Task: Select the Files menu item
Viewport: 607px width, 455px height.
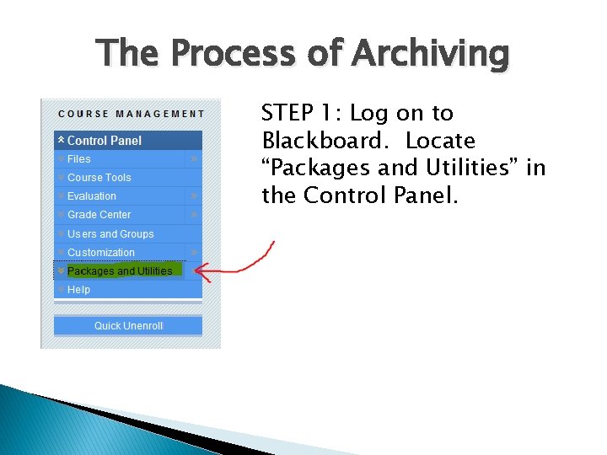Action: coord(78,158)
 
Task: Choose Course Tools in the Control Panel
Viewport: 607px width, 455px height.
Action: coord(99,177)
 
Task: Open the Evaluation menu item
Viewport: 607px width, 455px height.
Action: coord(92,195)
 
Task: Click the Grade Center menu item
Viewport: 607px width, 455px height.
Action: coord(99,215)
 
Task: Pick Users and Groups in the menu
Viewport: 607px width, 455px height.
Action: coord(110,233)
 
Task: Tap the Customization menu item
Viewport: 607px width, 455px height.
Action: coord(100,252)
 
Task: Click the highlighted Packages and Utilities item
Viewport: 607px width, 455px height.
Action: coord(119,270)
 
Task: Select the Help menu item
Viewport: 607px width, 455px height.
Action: coord(78,289)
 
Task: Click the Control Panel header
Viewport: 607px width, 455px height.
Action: coord(104,140)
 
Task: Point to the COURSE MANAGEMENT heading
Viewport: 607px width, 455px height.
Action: coord(131,114)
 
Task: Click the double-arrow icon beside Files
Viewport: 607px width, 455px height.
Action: coord(194,158)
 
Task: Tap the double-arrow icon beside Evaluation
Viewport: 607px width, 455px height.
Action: coord(194,195)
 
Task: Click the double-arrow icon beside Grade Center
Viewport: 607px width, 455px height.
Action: coord(194,215)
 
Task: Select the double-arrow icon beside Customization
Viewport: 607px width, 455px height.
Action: coord(194,252)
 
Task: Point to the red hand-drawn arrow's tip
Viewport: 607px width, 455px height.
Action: coord(196,270)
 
